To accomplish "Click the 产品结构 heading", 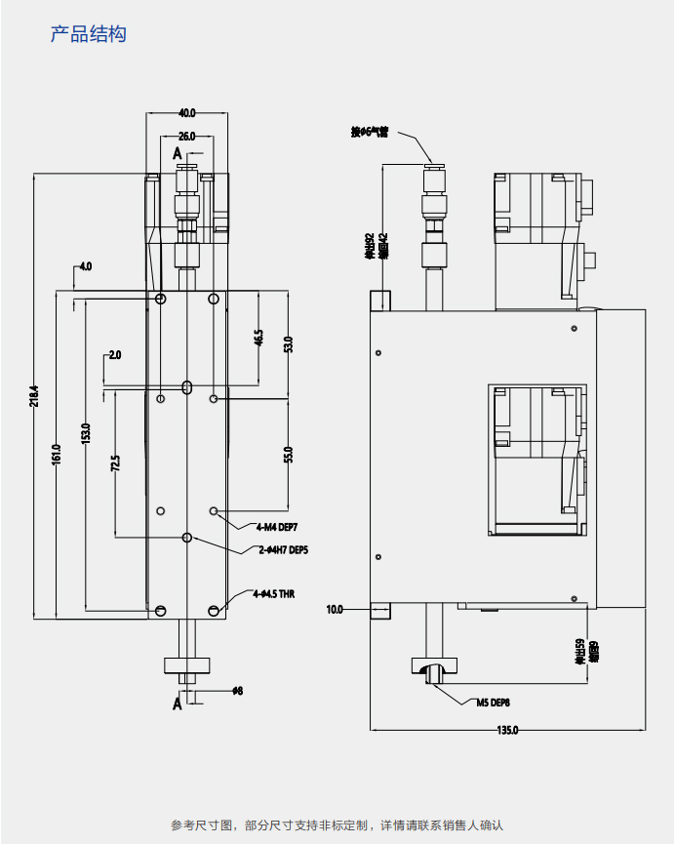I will click(x=88, y=35).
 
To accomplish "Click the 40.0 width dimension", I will click(x=187, y=112).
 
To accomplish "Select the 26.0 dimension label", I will click(x=187, y=136).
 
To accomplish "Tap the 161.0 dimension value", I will click(x=57, y=455).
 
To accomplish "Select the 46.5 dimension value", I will click(x=258, y=338).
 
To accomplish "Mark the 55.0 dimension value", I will click(x=288, y=455).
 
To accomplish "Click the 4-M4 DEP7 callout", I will click(x=278, y=527).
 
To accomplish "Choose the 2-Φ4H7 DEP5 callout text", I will click(x=284, y=549).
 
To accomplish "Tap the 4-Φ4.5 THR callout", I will click(x=273, y=593).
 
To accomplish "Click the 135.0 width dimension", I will click(x=507, y=731).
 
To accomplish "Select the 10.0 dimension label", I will click(x=335, y=610).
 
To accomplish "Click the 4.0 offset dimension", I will click(x=86, y=265).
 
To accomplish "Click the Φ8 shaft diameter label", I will click(x=237, y=691).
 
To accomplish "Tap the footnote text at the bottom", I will click(x=337, y=825).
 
